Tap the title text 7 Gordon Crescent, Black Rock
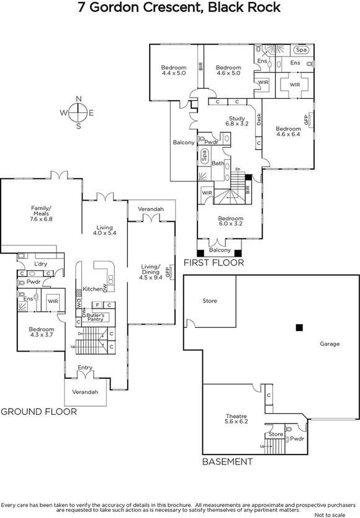(179, 8)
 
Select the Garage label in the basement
(330, 343)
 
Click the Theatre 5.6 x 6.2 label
(236, 420)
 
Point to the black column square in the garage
(299, 327)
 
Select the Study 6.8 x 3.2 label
(238, 120)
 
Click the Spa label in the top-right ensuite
(302, 50)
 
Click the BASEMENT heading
(228, 462)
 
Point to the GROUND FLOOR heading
(38, 411)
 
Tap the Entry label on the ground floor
(84, 368)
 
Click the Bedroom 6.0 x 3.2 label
(230, 222)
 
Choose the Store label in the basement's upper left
(210, 301)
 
